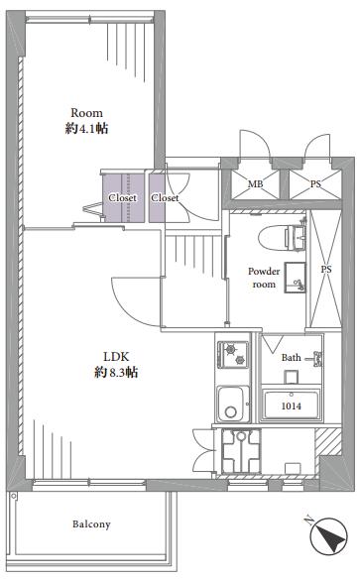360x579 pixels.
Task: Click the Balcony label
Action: pyautogui.click(x=91, y=524)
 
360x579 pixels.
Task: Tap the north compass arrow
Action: pyautogui.click(x=328, y=535)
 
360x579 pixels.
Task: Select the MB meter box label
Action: pyautogui.click(x=255, y=183)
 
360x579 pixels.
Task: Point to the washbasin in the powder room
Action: pyautogui.click(x=295, y=278)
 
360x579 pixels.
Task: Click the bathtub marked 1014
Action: pyautogui.click(x=292, y=405)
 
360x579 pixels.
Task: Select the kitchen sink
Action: pyautogui.click(x=233, y=404)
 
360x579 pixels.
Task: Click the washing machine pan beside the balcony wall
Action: pyautogui.click(x=241, y=451)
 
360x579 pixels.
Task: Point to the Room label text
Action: pyautogui.click(x=86, y=113)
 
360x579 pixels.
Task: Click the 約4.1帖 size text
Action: pyautogui.click(x=86, y=129)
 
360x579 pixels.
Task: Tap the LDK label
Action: pyautogui.click(x=116, y=356)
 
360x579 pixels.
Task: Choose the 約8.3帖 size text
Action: pyautogui.click(x=116, y=372)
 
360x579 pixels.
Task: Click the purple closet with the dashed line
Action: pyautogui.click(x=123, y=198)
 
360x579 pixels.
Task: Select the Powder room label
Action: pyautogui.click(x=264, y=278)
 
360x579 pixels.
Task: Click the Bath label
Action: pyautogui.click(x=291, y=358)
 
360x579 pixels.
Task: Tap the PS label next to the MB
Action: pyautogui.click(x=315, y=183)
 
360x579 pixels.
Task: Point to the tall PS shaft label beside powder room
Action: pyautogui.click(x=326, y=270)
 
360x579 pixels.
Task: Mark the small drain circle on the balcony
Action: pyautogui.click(x=14, y=497)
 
